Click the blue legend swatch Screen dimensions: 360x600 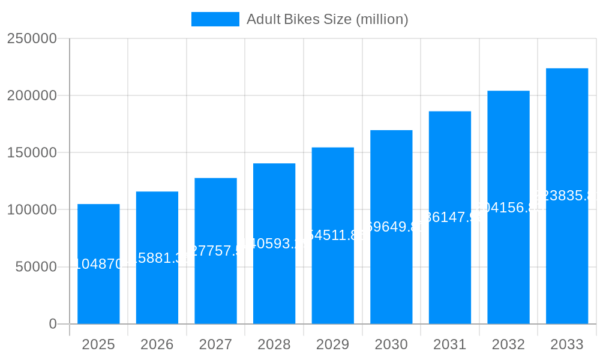point(215,19)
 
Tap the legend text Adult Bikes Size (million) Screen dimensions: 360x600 point(328,19)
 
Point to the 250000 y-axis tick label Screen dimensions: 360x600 point(32,39)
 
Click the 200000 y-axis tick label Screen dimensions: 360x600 point(32,96)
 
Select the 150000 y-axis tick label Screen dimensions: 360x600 point(32,153)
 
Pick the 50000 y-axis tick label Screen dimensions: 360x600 point(36,267)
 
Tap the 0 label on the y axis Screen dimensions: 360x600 point(53,324)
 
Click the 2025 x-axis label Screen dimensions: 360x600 point(98,344)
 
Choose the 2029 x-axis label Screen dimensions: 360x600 point(333,344)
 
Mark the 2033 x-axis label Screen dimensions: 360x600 point(567,344)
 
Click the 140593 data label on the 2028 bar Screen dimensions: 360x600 point(274,244)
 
